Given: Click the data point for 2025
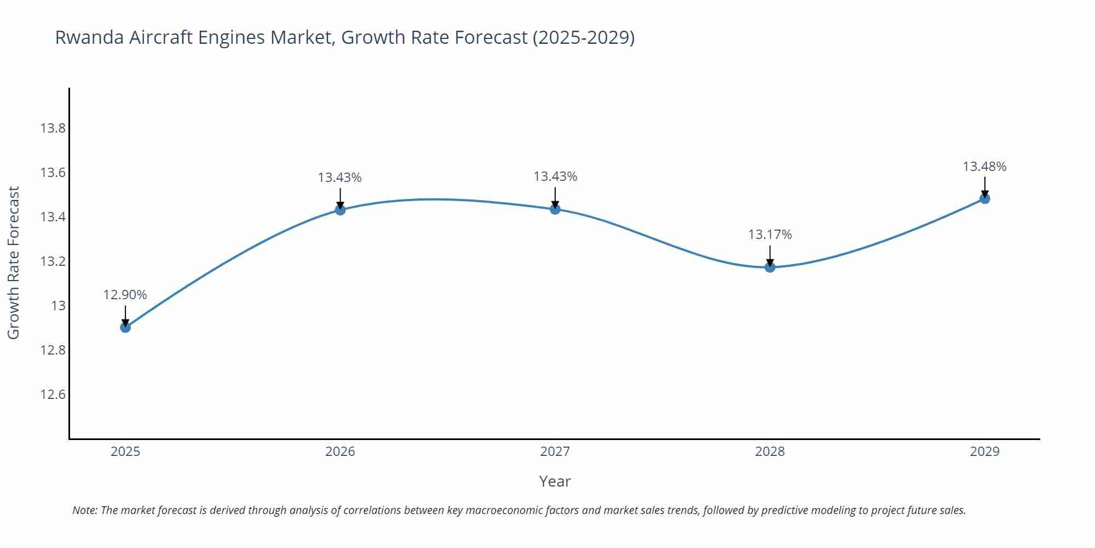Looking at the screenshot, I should (125, 327).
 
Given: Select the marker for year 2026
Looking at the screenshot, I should (340, 210).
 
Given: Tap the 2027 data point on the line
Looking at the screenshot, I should (555, 209).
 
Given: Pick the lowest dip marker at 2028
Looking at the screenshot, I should (770, 267).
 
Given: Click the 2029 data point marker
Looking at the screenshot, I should (984, 198).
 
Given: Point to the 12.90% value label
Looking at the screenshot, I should (125, 295).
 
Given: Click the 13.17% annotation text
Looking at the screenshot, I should (770, 235).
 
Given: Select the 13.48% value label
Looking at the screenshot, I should (984, 167).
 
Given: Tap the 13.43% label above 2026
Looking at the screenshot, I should (339, 178).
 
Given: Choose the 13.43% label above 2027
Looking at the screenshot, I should (555, 176).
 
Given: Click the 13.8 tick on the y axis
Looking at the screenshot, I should (53, 128).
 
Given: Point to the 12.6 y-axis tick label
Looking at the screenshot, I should (53, 395).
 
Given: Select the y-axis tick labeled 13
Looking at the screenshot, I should (58, 306).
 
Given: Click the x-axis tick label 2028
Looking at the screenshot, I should (770, 452).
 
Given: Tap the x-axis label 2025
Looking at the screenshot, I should (125, 452).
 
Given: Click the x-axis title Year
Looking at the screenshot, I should (555, 481).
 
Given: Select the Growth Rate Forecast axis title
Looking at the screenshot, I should (13, 262).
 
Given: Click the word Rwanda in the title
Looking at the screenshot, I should (90, 37).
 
